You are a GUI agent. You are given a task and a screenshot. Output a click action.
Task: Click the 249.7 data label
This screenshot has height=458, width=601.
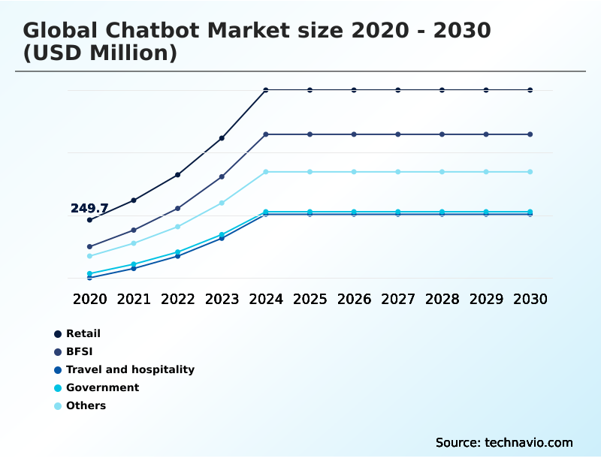(x=89, y=208)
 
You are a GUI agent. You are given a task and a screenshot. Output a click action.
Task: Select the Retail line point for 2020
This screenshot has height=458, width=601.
(x=89, y=220)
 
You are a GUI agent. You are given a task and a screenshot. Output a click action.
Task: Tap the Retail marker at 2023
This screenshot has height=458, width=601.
(x=222, y=138)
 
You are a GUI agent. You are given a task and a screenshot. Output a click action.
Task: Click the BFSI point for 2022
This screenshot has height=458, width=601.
(x=177, y=208)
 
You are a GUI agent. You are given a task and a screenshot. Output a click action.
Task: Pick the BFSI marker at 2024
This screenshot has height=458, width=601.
(x=266, y=134)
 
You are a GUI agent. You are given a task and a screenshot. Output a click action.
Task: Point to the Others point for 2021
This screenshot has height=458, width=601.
(x=134, y=243)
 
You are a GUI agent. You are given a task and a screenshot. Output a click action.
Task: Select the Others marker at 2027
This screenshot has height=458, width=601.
(x=398, y=172)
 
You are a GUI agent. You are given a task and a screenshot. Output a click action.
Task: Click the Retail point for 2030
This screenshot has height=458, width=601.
(x=530, y=90)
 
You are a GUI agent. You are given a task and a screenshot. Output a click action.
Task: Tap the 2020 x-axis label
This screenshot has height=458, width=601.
(x=89, y=299)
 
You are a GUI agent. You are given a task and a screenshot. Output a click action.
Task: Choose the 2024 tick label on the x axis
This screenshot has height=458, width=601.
(x=266, y=299)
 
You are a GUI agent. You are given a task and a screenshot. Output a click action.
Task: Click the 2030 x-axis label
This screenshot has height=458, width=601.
(x=530, y=299)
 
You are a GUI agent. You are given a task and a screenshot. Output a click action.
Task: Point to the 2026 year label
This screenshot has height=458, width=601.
(x=354, y=299)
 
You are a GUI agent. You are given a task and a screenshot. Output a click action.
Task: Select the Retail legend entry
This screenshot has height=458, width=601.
(x=83, y=333)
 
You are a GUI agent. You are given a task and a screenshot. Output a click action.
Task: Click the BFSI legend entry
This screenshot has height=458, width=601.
(x=79, y=351)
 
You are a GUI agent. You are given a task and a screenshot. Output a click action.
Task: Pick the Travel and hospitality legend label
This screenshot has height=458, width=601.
(x=129, y=369)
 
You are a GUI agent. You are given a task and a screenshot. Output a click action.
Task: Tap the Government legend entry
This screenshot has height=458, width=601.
(x=102, y=387)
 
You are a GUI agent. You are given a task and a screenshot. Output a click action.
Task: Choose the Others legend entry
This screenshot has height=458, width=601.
(x=86, y=405)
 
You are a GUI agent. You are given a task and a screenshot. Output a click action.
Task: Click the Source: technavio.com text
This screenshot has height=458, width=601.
(x=504, y=442)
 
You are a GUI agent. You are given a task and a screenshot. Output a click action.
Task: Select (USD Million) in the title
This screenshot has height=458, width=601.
(x=100, y=53)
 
